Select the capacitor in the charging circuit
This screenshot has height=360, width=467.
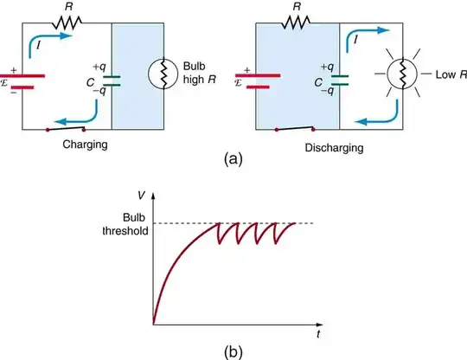[x=112, y=79]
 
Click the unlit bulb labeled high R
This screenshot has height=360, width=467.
[x=157, y=72]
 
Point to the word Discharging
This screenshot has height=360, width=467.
[x=310, y=147]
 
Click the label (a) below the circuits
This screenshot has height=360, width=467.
[x=232, y=159]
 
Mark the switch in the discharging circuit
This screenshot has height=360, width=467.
[x=292, y=131]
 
